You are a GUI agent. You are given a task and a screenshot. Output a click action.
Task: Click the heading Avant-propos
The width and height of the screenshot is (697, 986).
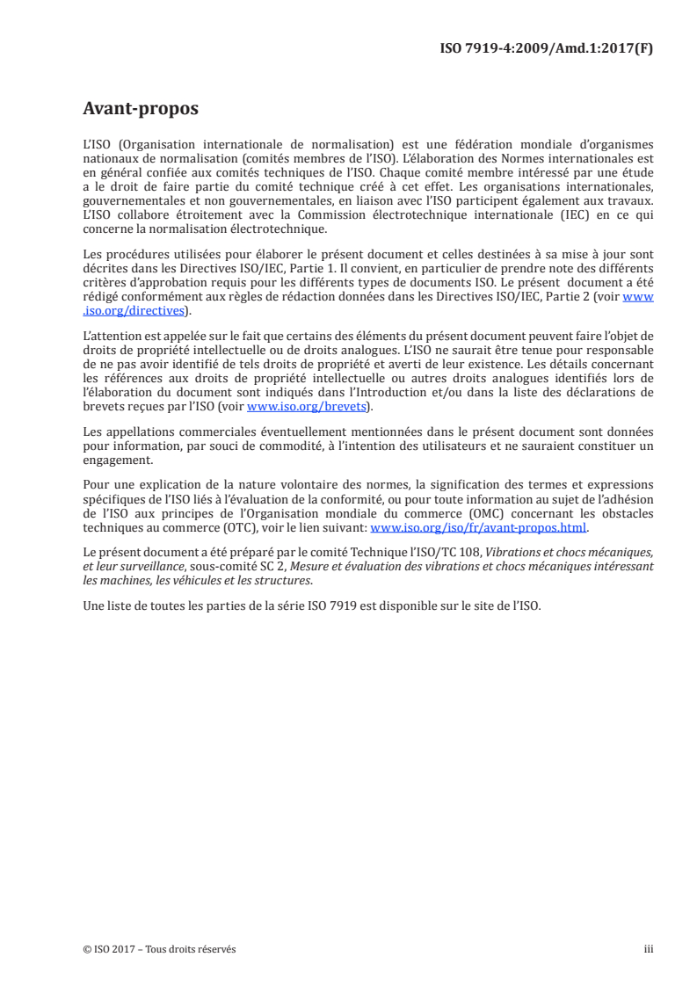tap(141, 109)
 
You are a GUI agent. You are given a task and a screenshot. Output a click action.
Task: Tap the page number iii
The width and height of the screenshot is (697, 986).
tap(649, 949)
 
